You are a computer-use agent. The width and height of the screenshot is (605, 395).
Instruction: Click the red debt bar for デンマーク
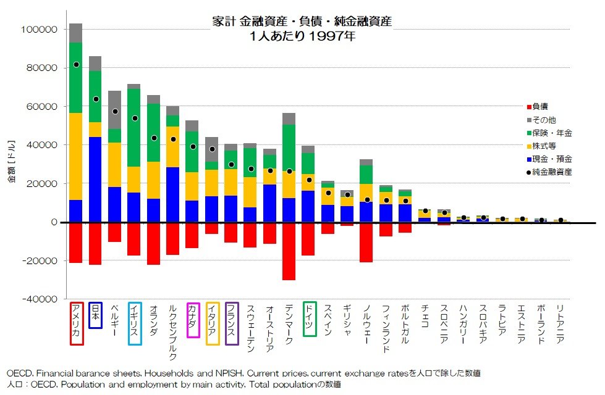(289, 251)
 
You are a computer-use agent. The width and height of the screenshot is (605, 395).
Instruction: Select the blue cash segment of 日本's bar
(95, 179)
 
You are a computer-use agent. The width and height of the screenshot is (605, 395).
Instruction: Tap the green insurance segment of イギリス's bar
(134, 128)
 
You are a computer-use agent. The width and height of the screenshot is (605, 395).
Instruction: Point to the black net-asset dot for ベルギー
(115, 112)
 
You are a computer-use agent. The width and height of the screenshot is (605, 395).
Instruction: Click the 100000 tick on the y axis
(40, 30)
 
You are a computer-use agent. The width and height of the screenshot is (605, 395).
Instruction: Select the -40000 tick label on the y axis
(38, 299)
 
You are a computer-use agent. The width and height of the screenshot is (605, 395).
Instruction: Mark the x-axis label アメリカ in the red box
(76, 323)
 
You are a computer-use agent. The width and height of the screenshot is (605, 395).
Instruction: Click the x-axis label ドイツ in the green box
(309, 318)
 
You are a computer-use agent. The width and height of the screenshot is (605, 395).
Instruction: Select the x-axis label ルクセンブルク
(173, 332)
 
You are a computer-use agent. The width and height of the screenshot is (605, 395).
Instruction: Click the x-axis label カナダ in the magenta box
(193, 320)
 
